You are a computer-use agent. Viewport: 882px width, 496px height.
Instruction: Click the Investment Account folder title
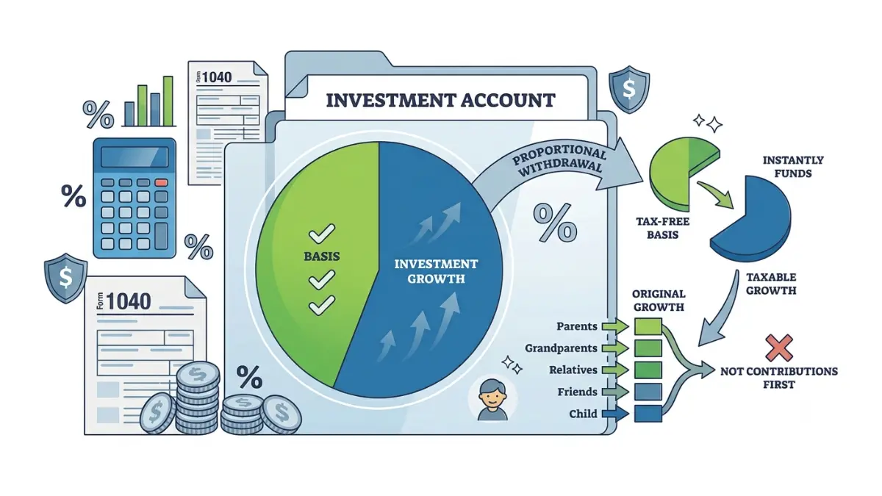point(440,100)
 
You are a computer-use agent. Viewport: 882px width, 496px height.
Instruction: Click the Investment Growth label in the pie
point(436,271)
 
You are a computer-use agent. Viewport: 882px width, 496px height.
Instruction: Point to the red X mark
point(779,348)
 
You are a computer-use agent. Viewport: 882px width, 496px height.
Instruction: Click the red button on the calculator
point(161,183)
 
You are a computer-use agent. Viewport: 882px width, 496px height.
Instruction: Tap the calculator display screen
point(135,157)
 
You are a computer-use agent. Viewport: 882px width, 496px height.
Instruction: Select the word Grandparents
point(561,348)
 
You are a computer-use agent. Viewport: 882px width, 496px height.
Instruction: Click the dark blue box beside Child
point(648,414)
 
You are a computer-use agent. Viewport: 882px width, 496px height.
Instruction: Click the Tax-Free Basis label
point(663,229)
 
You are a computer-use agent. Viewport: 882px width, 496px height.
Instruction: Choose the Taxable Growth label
point(771,284)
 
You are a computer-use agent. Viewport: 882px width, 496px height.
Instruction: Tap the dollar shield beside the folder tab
point(629,90)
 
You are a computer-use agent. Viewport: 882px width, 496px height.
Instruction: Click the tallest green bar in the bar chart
point(168,101)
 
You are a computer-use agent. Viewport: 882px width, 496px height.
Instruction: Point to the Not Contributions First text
point(779,378)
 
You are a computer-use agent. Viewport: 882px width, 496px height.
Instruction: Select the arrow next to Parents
point(615,326)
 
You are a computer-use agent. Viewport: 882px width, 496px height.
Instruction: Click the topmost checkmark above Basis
point(322,234)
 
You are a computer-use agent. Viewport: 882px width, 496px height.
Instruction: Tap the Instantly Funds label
point(793,167)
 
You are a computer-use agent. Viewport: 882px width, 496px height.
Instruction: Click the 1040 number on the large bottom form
point(129,301)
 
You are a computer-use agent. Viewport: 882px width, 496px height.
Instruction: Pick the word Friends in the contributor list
point(577,392)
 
